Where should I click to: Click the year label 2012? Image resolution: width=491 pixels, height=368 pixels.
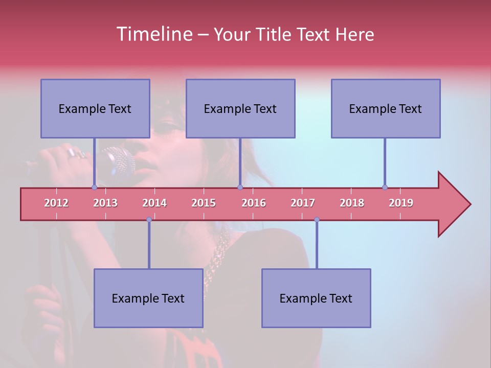pyautogui.click(x=56, y=203)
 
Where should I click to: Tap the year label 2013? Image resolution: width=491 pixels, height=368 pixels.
pyautogui.click(x=105, y=203)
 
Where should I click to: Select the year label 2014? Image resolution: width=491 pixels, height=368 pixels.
pyautogui.click(x=154, y=203)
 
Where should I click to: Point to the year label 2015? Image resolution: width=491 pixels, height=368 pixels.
pyautogui.click(x=204, y=203)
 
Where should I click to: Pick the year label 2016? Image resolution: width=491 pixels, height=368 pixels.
pyautogui.click(x=254, y=203)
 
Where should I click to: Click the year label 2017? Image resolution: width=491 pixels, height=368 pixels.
pyautogui.click(x=303, y=203)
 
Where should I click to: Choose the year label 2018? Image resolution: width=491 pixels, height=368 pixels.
pyautogui.click(x=352, y=203)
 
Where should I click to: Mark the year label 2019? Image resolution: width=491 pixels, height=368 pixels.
pyautogui.click(x=401, y=203)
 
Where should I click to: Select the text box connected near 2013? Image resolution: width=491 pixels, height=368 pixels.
pyautogui.click(x=95, y=108)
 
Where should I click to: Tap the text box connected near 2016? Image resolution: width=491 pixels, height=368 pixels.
pyautogui.click(x=240, y=108)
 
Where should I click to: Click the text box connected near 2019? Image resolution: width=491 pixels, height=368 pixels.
pyautogui.click(x=386, y=108)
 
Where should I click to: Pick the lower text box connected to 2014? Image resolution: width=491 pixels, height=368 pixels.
pyautogui.click(x=148, y=298)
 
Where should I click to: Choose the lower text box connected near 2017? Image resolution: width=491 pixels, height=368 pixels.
pyautogui.click(x=316, y=298)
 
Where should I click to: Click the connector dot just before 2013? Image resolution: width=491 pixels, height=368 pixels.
pyautogui.click(x=94, y=188)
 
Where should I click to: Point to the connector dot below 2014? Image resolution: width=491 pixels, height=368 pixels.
pyautogui.click(x=149, y=219)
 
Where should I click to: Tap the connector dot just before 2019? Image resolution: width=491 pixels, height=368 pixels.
pyautogui.click(x=385, y=187)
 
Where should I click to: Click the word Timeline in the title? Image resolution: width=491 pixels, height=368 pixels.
pyautogui.click(x=153, y=34)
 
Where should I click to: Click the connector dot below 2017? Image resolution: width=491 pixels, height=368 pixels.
pyautogui.click(x=317, y=219)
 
